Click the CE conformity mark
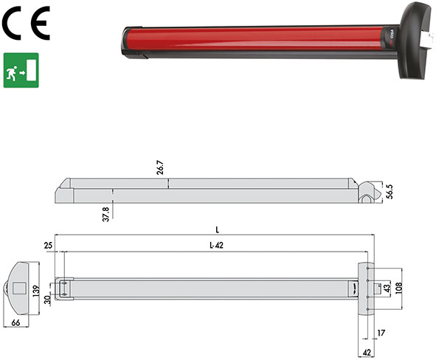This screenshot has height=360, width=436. point(25,25)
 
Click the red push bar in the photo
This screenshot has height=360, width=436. point(251,41)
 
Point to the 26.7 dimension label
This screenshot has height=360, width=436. point(159,167)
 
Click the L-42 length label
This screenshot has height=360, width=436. point(214,245)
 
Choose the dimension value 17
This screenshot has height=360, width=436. point(381,334)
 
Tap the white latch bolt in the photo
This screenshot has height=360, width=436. point(426,34)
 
